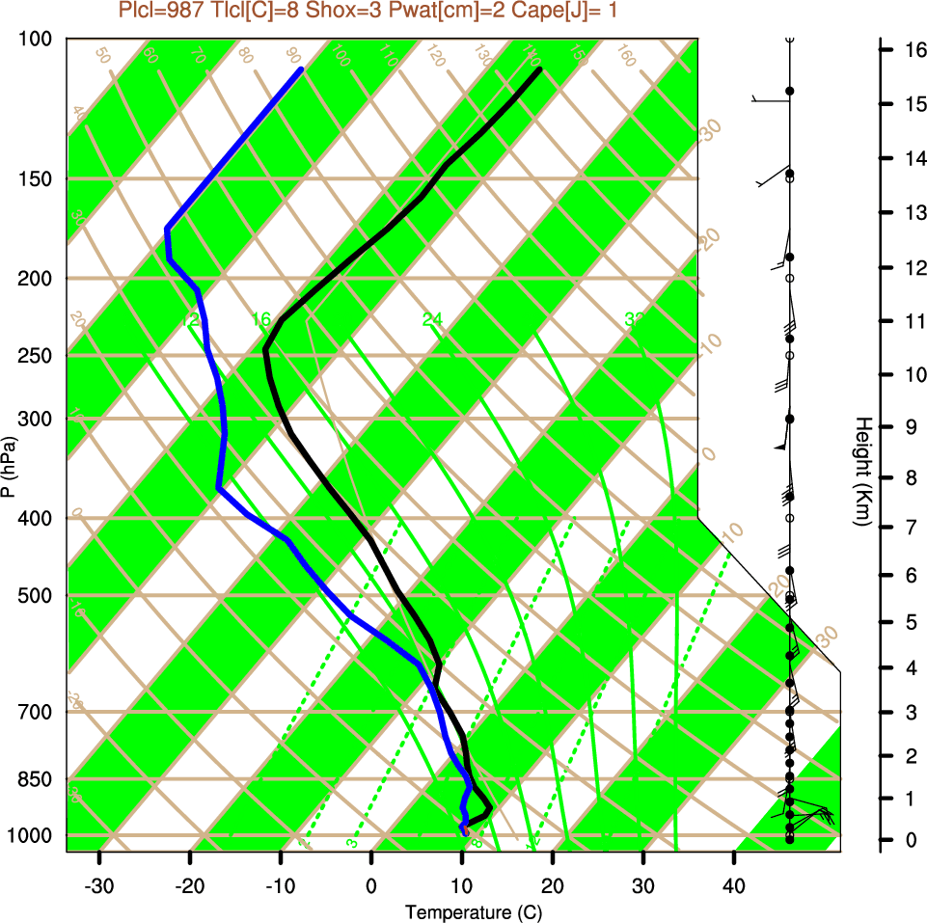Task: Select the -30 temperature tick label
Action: tap(99, 884)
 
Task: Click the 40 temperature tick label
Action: tap(734, 884)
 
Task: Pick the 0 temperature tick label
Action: tap(371, 884)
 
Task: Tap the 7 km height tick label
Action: tap(911, 527)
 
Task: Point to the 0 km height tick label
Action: tap(911, 840)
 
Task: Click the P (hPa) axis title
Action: tap(9, 467)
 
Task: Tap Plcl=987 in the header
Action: tap(159, 11)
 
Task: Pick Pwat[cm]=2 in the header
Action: tap(424, 11)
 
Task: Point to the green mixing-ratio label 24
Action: tap(432, 319)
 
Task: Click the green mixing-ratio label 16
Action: tap(261, 319)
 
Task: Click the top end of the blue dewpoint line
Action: tap(302, 69)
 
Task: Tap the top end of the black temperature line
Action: tap(540, 69)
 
